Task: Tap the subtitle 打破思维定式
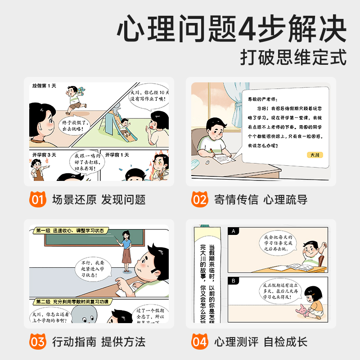click(293, 58)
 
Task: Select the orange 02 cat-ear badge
click(200, 198)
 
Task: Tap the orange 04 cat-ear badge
click(200, 341)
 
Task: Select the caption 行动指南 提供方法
click(99, 342)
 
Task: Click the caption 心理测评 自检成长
click(261, 342)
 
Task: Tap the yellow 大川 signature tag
click(313, 155)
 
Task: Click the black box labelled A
click(234, 231)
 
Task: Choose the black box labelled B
click(234, 281)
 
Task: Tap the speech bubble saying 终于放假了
click(74, 125)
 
